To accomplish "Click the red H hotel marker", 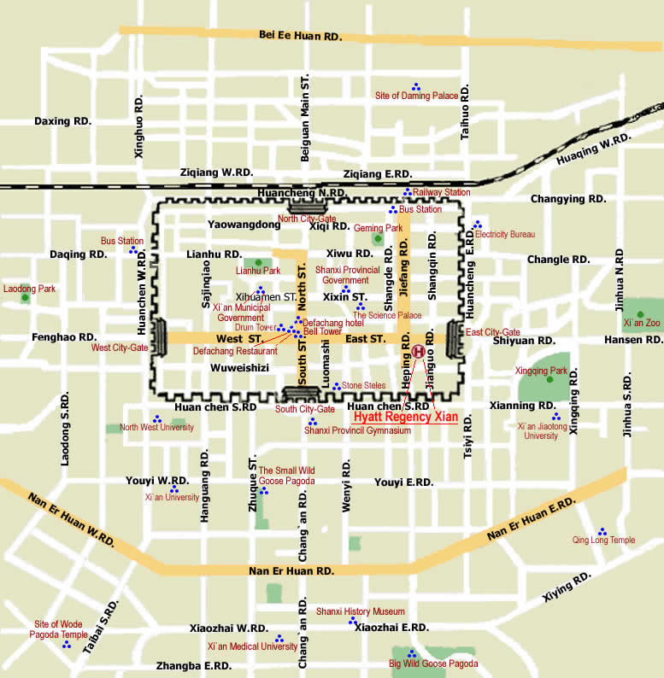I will pyautogui.click(x=418, y=351).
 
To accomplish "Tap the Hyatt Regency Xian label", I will pyautogui.click(x=405, y=418).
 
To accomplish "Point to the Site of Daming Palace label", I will pyautogui.click(x=417, y=96).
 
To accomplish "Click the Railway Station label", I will pyautogui.click(x=441, y=193).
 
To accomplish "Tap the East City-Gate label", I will pyautogui.click(x=492, y=332).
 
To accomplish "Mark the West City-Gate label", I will pyautogui.click(x=120, y=348).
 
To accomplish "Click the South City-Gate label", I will pyautogui.click(x=304, y=409).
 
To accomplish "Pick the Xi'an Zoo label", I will pyautogui.click(x=642, y=324).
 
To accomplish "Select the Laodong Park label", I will pyautogui.click(x=29, y=289).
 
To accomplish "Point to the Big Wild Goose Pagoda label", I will pyautogui.click(x=433, y=663).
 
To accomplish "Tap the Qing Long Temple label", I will pyautogui.click(x=603, y=540).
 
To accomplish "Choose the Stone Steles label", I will pyautogui.click(x=363, y=386).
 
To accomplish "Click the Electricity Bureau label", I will pyautogui.click(x=504, y=234).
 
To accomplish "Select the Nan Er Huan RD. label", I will pyautogui.click(x=291, y=570).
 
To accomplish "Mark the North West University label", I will pyautogui.click(x=156, y=427).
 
